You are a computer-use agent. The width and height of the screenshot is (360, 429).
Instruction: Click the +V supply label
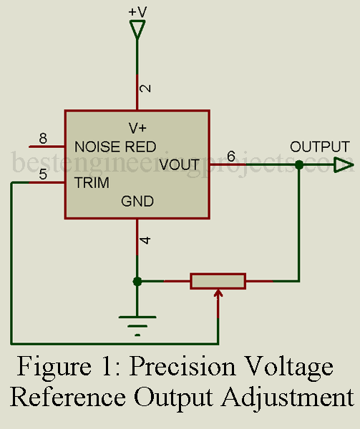[x=137, y=12]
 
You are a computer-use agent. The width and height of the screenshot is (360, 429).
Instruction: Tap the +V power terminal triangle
[x=137, y=29]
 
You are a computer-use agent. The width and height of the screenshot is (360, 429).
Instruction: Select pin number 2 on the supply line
[x=145, y=89]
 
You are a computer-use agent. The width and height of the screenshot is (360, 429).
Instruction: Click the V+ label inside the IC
[x=137, y=128]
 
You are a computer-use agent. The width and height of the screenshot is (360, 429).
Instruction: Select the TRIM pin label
[x=92, y=183]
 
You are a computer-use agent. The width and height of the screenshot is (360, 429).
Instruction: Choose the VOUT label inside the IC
[x=179, y=165]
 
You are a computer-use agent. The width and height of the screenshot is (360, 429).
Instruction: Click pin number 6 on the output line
[x=230, y=156]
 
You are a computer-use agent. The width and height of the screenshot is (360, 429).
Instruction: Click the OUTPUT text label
[x=319, y=147]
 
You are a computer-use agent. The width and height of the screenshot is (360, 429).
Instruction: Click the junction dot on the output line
[x=299, y=166]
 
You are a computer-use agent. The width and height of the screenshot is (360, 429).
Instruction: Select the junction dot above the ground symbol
[x=137, y=281]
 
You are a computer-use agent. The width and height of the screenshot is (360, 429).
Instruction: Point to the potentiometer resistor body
[x=218, y=281]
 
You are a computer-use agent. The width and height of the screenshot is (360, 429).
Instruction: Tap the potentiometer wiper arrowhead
[x=218, y=292]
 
